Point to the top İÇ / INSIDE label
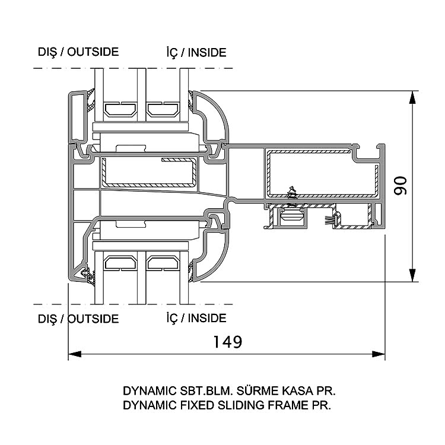point(196,52)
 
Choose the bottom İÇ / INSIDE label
point(196,318)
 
